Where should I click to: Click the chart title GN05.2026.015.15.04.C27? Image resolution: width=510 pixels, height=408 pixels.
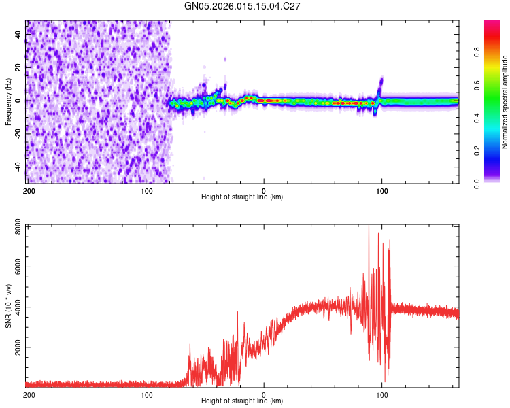[x=243, y=7]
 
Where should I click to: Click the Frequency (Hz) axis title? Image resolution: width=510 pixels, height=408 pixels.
[x=8, y=101]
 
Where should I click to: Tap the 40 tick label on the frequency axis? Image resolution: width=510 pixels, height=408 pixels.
[x=18, y=34]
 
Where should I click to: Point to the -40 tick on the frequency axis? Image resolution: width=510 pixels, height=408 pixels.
[x=18, y=166]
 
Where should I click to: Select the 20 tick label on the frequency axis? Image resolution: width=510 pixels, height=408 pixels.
[x=18, y=67]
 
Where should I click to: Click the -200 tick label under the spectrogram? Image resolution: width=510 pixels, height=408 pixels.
[x=27, y=190]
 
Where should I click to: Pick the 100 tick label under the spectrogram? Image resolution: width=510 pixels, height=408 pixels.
[x=382, y=190]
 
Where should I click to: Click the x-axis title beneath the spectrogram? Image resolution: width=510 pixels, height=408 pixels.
[x=242, y=197]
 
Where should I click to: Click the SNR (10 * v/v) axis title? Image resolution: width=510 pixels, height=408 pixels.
[x=8, y=305]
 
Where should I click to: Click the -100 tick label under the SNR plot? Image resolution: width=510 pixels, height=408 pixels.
[x=146, y=394]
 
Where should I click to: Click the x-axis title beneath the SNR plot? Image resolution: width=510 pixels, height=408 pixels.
[x=242, y=401]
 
